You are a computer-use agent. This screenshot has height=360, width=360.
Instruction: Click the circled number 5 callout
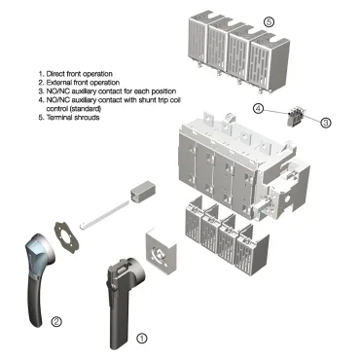(x=269, y=22)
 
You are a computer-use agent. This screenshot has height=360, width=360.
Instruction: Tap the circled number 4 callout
(x=258, y=109)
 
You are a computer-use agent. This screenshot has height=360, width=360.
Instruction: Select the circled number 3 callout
(x=326, y=123)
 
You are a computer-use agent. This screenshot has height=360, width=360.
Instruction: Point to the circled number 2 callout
(x=56, y=322)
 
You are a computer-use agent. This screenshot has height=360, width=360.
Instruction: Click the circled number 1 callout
(x=141, y=339)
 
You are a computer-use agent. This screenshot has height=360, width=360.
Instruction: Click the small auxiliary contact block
(x=296, y=117)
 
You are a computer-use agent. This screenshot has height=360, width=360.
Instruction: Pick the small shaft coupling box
(x=142, y=192)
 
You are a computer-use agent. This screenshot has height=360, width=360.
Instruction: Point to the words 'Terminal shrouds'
(x=73, y=118)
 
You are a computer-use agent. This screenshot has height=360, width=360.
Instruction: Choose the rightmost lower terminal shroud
(x=251, y=250)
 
